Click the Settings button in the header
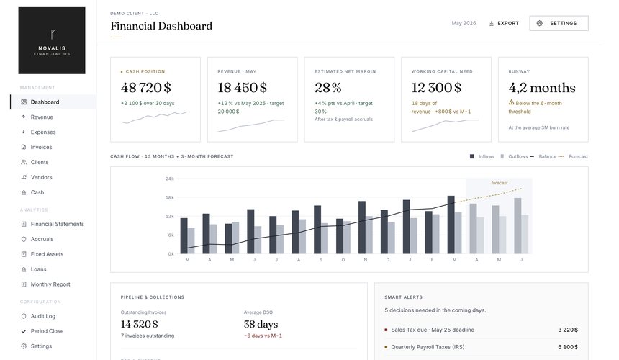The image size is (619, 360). [559, 23]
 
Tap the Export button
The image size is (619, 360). [504, 23]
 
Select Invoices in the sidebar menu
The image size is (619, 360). [41, 147]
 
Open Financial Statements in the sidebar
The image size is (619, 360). [58, 224]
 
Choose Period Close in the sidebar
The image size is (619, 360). [47, 330]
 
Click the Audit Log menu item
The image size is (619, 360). [43, 316]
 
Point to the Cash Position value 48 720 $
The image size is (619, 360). [145, 87]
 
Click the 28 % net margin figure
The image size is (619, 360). [327, 87]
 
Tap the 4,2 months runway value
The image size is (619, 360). [542, 88]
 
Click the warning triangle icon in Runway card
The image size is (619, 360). [511, 102]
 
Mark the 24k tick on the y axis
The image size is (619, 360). [170, 179]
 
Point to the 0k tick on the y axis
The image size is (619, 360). [171, 254]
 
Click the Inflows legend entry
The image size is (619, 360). [482, 156]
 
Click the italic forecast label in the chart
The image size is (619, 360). [500, 183]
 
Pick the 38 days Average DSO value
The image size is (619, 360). [261, 324]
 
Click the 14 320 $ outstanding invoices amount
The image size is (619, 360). [140, 324]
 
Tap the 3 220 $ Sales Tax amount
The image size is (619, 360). [568, 330]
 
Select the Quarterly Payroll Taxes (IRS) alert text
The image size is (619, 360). [428, 347]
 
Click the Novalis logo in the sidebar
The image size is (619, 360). [52, 40]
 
